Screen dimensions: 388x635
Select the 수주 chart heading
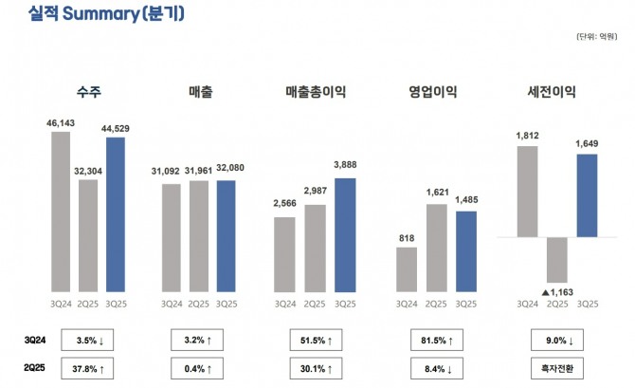tap(89, 92)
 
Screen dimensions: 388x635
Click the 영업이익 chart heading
tap(433, 92)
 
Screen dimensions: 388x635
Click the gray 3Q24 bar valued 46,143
tap(61, 211)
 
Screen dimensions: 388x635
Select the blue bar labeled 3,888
tap(346, 234)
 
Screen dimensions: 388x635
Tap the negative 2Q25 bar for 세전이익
tap(556, 259)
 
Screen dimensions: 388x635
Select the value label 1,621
tap(437, 194)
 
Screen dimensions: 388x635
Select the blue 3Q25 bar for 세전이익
tap(587, 195)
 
